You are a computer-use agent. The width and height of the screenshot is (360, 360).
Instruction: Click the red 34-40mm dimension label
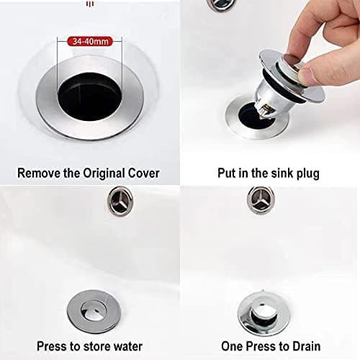(90, 41)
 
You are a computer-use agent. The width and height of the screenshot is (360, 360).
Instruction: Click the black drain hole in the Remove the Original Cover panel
(90, 96)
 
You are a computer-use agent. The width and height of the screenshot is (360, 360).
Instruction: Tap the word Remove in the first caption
(39, 173)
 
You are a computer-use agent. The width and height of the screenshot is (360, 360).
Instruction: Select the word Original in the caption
(104, 174)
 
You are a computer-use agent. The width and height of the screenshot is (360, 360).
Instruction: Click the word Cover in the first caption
(143, 173)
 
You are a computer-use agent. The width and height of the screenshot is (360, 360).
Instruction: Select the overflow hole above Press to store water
(120, 201)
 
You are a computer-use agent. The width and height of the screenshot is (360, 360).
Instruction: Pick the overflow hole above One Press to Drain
(261, 200)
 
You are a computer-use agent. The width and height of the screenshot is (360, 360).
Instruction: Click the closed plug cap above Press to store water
(94, 311)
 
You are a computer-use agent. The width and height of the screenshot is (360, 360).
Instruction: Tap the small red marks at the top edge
(90, 4)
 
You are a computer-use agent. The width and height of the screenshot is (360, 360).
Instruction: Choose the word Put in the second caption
(227, 173)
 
